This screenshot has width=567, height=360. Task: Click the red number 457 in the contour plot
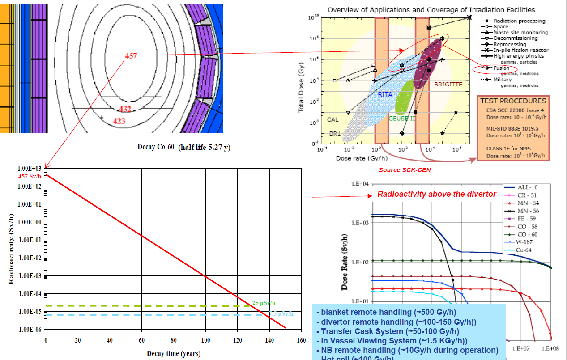(131, 55)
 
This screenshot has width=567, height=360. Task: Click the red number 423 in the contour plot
(119, 121)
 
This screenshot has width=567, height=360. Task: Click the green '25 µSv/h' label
(263, 302)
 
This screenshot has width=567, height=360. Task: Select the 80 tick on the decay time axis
(174, 340)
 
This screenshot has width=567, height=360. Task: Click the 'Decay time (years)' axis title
(173, 354)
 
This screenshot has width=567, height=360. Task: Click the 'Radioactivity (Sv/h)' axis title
(11, 248)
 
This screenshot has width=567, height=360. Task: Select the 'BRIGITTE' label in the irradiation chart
(448, 84)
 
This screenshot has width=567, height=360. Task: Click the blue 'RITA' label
(385, 95)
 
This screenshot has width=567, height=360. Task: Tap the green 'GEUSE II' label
(401, 119)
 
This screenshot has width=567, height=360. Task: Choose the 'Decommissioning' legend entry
(516, 38)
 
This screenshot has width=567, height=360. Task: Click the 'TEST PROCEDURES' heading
(513, 101)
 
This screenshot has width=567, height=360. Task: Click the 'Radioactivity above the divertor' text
(436, 194)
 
